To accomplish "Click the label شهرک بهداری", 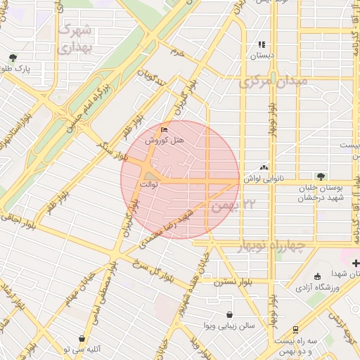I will coord(75,39).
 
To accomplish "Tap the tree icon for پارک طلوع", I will coord(12,58).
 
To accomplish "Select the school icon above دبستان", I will coord(262,44).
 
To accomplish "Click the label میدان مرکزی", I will coord(274,82).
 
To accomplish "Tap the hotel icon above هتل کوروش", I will coord(165,130).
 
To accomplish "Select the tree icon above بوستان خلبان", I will coord(321,176).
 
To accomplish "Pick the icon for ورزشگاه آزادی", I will coord(317,276).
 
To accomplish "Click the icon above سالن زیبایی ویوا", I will coord(230,315).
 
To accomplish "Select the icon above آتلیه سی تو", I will coord(82,338).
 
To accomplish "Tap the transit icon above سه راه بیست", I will coord(295,329).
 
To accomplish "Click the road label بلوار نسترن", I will coord(234,281).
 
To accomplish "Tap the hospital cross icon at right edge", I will coord(356,262).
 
